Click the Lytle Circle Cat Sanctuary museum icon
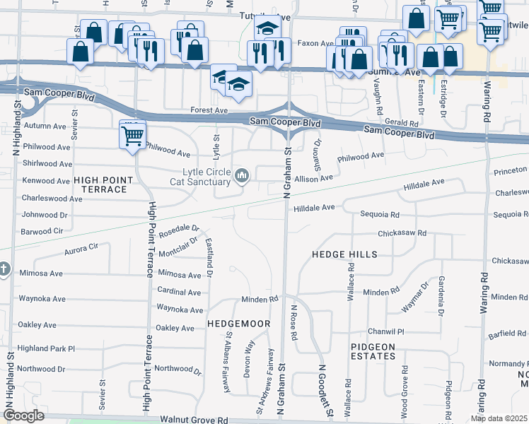(x=243, y=175)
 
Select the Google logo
(x=23, y=416)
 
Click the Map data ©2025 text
(x=499, y=418)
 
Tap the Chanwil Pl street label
(x=385, y=331)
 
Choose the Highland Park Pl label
(x=46, y=349)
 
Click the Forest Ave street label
(x=209, y=111)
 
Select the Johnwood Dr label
(x=45, y=214)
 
